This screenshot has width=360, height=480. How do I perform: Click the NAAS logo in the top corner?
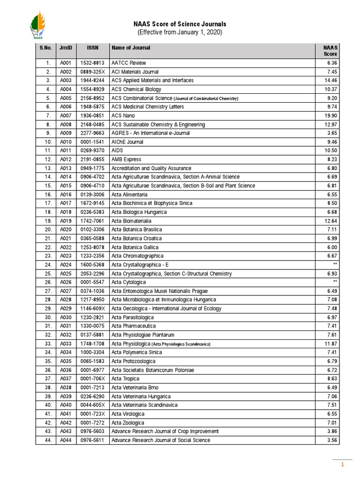coord(38,26)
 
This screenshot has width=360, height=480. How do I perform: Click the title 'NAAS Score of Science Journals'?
coord(180,24)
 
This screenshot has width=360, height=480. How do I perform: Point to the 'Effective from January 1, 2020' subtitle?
coord(180,32)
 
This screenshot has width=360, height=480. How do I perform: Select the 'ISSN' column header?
coord(92,48)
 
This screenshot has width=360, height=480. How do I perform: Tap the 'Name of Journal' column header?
coord(131,48)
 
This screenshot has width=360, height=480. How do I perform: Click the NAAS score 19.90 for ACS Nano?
coord(330,115)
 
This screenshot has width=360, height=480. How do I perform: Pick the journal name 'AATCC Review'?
coord(128,63)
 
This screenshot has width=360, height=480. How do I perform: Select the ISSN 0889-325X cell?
coord(92,72)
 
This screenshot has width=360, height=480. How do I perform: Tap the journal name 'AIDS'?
coord(117,150)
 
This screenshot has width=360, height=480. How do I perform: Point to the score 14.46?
coord(330,80)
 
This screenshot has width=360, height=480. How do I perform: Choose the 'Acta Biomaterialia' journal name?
coord(131,221)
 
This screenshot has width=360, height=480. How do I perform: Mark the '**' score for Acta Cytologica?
coord(334,282)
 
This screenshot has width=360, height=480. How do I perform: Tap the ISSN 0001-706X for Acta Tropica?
coord(92,379)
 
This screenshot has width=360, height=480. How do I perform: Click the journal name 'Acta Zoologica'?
coord(127,422)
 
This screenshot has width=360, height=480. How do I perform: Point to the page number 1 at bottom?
coord(343,465)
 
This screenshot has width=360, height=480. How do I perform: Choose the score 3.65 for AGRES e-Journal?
coord(331,133)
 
